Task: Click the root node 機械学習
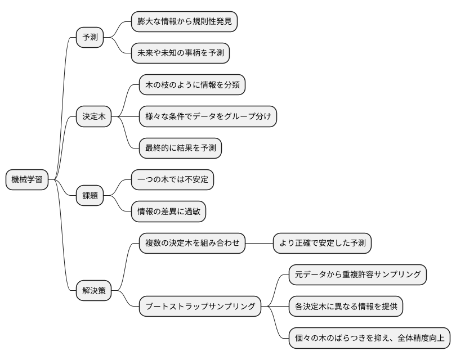click(26, 180)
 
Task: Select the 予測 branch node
click(90, 38)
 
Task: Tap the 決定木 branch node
click(93, 117)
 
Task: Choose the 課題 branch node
click(90, 196)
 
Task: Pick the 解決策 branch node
click(93, 291)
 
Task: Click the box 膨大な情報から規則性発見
click(184, 22)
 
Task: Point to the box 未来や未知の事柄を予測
click(180, 53)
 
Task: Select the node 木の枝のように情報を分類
click(192, 85)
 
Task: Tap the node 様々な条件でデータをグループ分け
click(208, 117)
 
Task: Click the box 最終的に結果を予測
click(180, 148)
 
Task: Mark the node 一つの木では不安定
click(172, 180)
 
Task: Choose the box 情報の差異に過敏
click(168, 211)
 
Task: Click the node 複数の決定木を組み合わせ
click(192, 243)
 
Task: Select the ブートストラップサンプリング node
click(200, 307)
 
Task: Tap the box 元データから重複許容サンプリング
click(357, 274)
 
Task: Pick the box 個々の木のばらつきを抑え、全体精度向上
click(369, 338)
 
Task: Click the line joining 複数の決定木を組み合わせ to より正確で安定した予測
click(259, 243)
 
